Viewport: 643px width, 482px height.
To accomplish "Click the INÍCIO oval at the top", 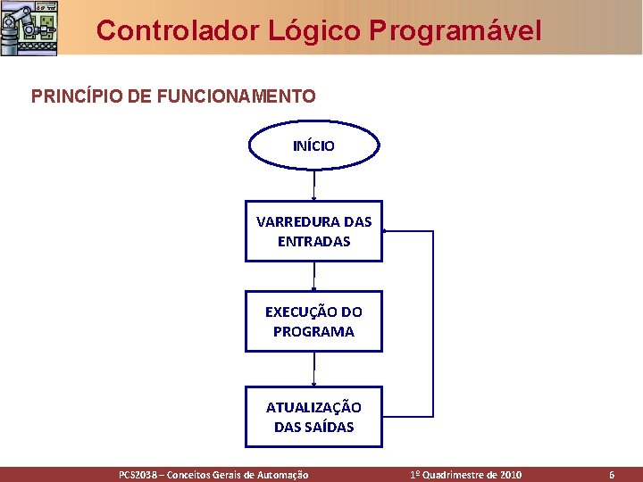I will [x=313, y=145].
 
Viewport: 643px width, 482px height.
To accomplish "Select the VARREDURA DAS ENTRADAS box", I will [x=313, y=231].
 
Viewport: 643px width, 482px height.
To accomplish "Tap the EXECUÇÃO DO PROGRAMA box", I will [x=313, y=321].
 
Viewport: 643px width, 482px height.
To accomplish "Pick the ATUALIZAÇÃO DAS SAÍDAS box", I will [x=313, y=417].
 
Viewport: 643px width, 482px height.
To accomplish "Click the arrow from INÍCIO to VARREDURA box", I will [x=314, y=185].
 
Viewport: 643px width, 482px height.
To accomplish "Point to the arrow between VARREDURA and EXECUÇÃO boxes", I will [x=314, y=276].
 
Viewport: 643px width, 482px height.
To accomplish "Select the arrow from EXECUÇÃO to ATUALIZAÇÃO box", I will [x=314, y=369].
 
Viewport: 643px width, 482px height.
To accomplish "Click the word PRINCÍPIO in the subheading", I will [x=70, y=96].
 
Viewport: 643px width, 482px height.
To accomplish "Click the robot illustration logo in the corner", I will [x=29, y=27].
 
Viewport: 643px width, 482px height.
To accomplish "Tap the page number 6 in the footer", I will [x=612, y=475].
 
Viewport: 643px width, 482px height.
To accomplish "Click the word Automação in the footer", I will [x=282, y=475].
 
